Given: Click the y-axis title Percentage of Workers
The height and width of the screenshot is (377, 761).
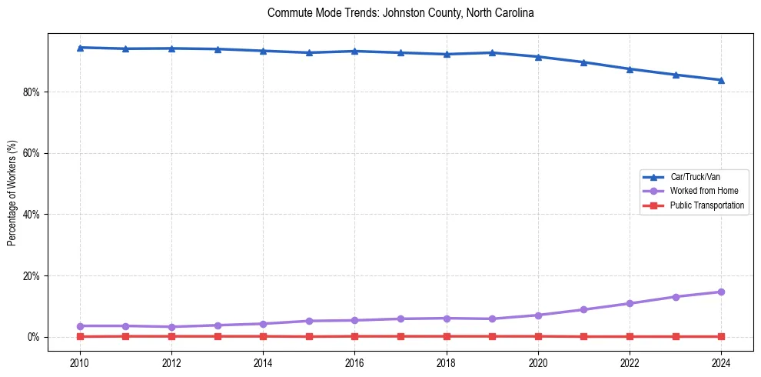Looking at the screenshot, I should click(12, 192).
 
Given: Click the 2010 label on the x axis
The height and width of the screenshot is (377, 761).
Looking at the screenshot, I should click(79, 362).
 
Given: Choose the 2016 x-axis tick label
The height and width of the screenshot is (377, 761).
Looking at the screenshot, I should click(354, 362).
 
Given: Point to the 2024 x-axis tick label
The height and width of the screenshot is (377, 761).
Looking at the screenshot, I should click(721, 362).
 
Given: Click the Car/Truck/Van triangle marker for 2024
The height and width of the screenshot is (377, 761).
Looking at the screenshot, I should click(721, 80).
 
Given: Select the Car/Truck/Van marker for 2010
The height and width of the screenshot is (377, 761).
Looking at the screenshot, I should click(80, 48).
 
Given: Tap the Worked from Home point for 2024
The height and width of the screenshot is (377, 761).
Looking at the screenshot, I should click(721, 292).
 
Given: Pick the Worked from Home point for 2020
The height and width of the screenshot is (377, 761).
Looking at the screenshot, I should click(538, 315).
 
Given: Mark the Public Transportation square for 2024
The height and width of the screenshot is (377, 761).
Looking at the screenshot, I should click(721, 336).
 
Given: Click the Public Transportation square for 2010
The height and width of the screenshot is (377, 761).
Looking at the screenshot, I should click(80, 336).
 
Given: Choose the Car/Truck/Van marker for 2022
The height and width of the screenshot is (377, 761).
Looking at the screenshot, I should click(630, 69).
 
